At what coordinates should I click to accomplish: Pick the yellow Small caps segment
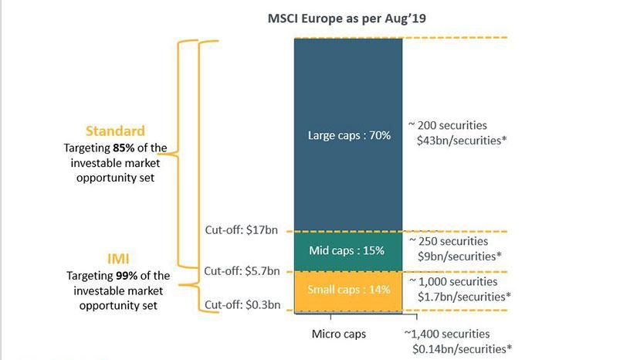point(349,291)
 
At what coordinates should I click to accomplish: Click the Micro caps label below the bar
point(338,335)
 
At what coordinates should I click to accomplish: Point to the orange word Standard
point(115,131)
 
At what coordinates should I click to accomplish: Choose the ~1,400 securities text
point(447,334)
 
